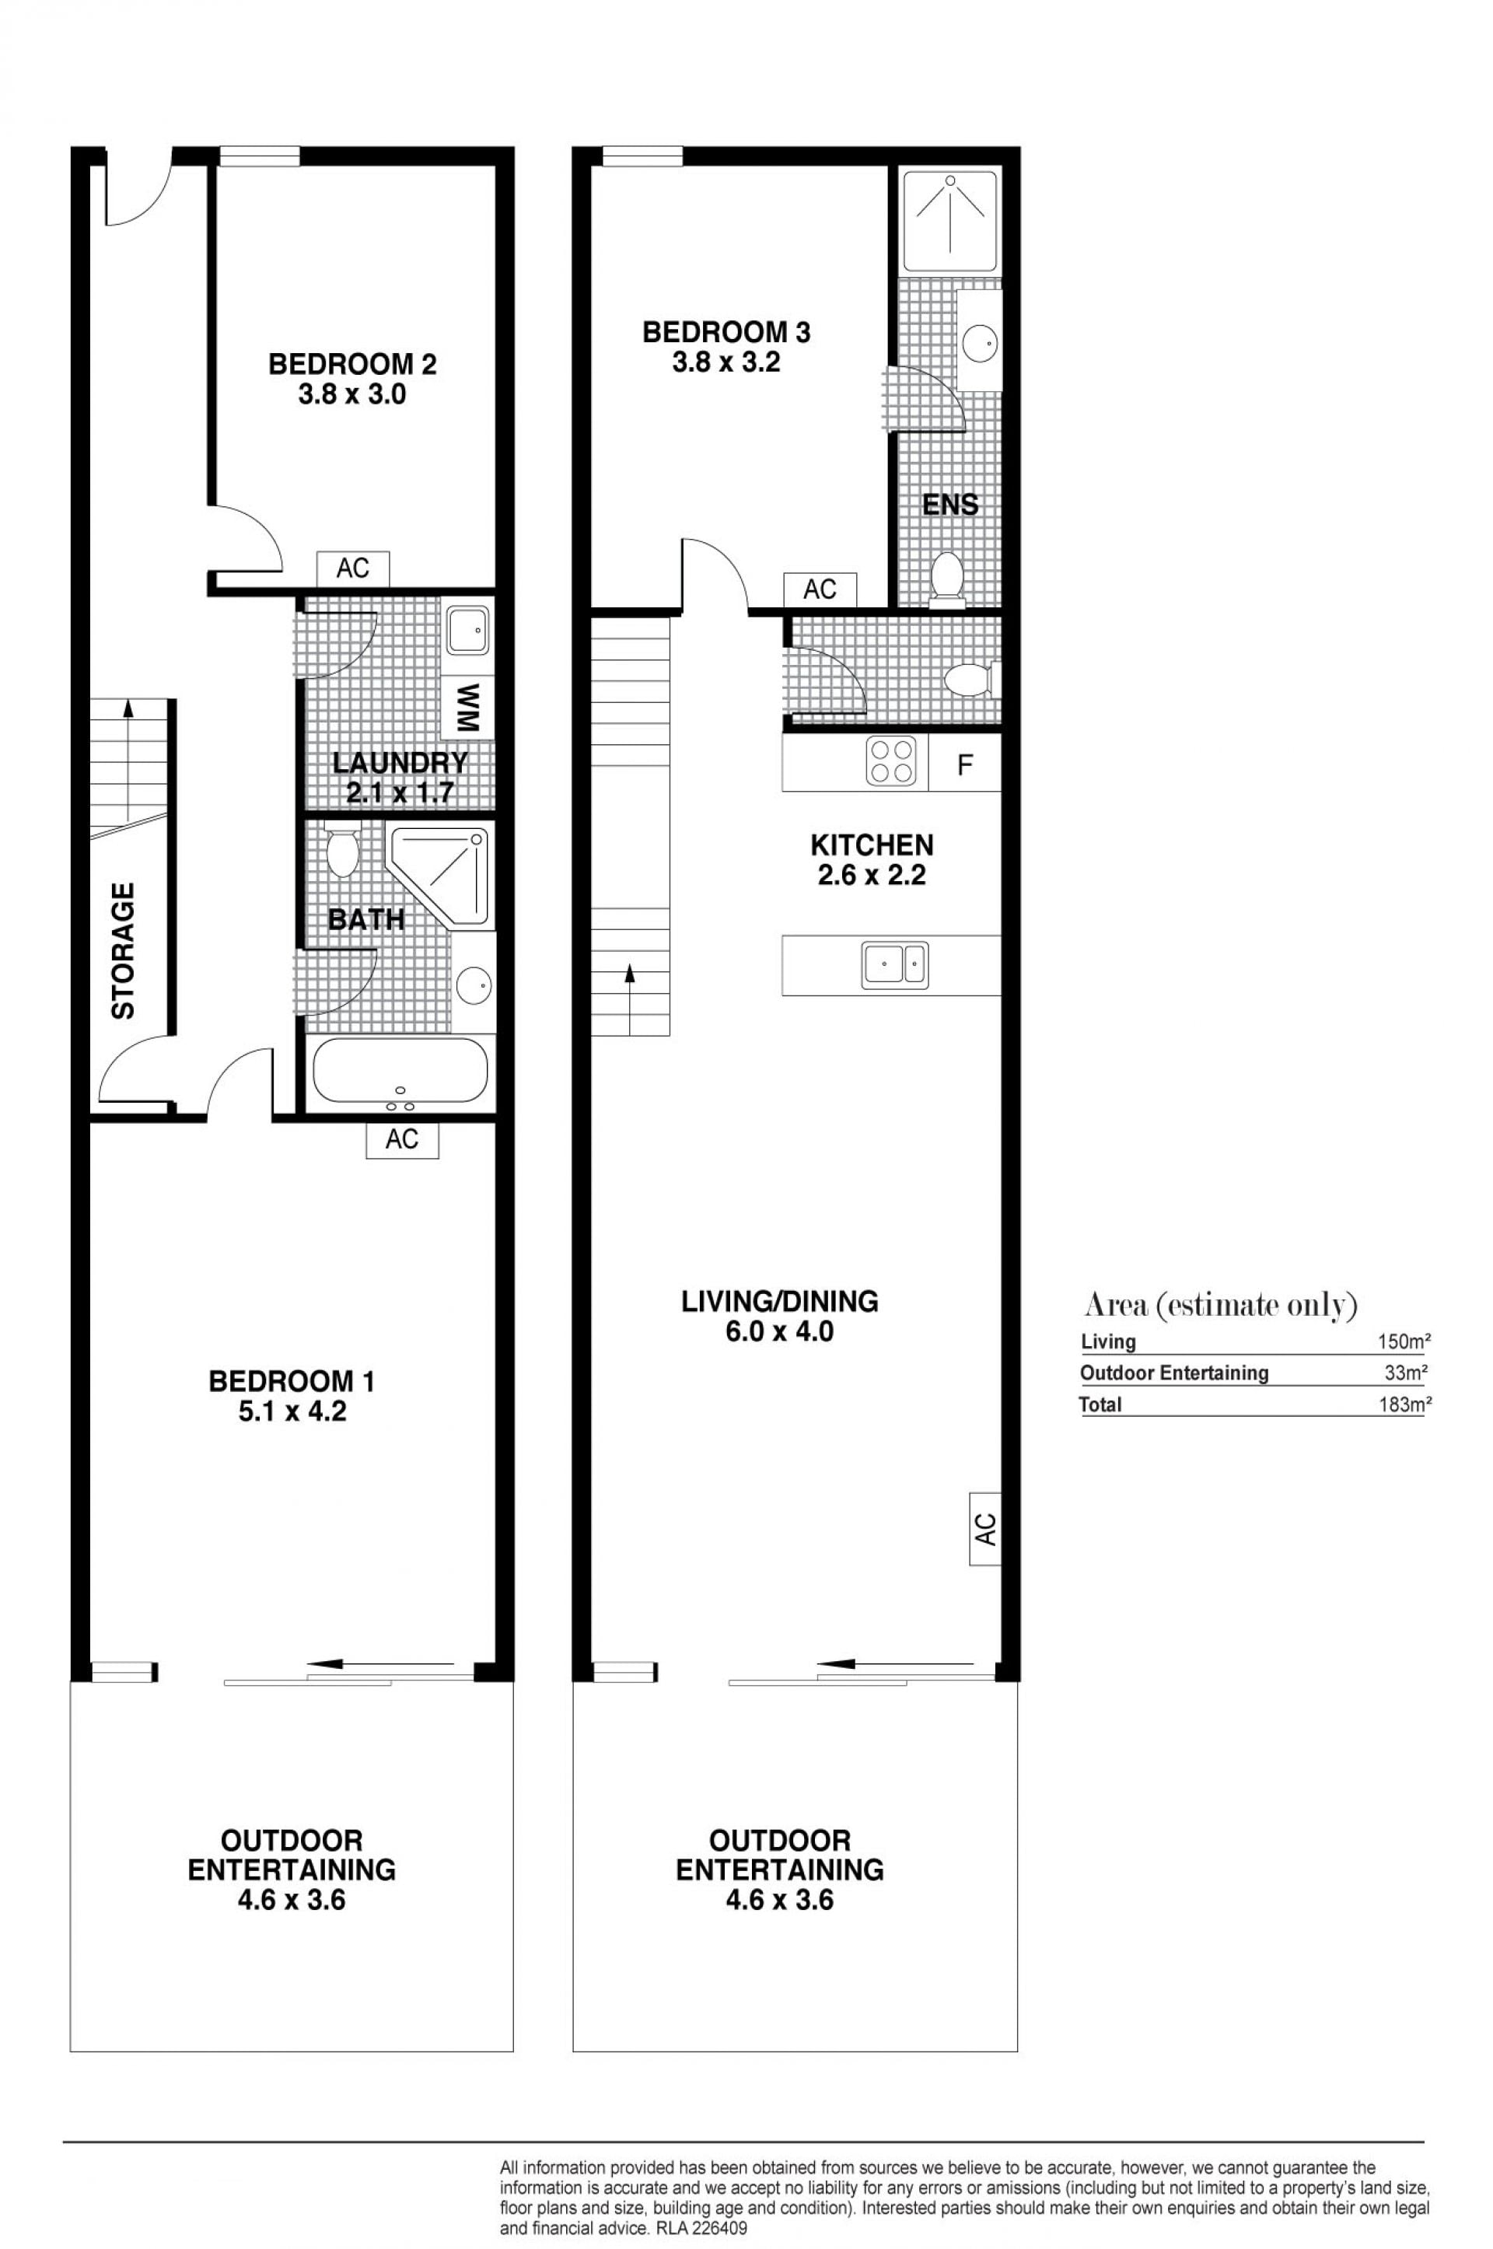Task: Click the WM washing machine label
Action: tap(467, 708)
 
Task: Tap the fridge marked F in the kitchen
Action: tap(963, 764)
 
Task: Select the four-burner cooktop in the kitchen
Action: tap(890, 762)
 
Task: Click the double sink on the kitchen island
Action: tap(894, 964)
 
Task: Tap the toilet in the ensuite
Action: tap(946, 578)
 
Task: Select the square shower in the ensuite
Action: tap(950, 220)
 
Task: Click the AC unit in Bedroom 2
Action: tap(352, 568)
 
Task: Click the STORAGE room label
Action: tap(124, 951)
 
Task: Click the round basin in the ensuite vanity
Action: tap(979, 341)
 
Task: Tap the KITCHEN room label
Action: tap(872, 845)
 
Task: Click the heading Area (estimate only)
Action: tap(1221, 1306)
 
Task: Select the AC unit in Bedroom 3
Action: tap(820, 589)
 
